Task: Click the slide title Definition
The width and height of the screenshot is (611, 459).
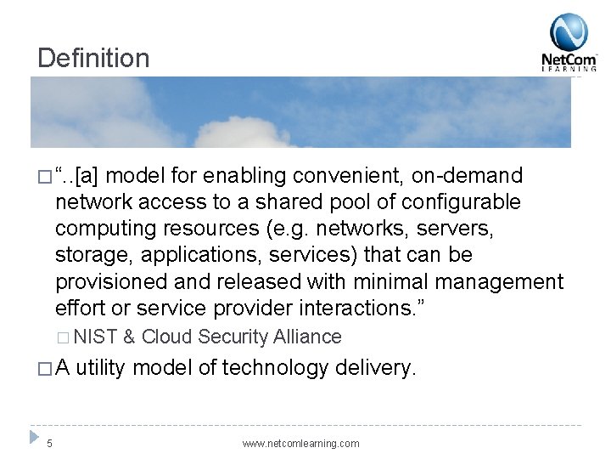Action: (x=93, y=58)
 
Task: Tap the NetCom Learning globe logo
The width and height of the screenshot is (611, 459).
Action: (x=569, y=32)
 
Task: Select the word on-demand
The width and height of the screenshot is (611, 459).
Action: (x=468, y=176)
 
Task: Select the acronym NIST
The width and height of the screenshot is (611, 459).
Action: (x=98, y=337)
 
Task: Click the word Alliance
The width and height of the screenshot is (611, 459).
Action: (x=307, y=337)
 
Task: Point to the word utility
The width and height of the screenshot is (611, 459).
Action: (x=102, y=368)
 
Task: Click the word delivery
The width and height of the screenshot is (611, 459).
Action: (x=376, y=368)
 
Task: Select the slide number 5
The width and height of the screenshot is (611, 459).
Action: (x=49, y=443)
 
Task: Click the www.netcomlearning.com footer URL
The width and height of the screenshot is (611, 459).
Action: (x=300, y=444)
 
